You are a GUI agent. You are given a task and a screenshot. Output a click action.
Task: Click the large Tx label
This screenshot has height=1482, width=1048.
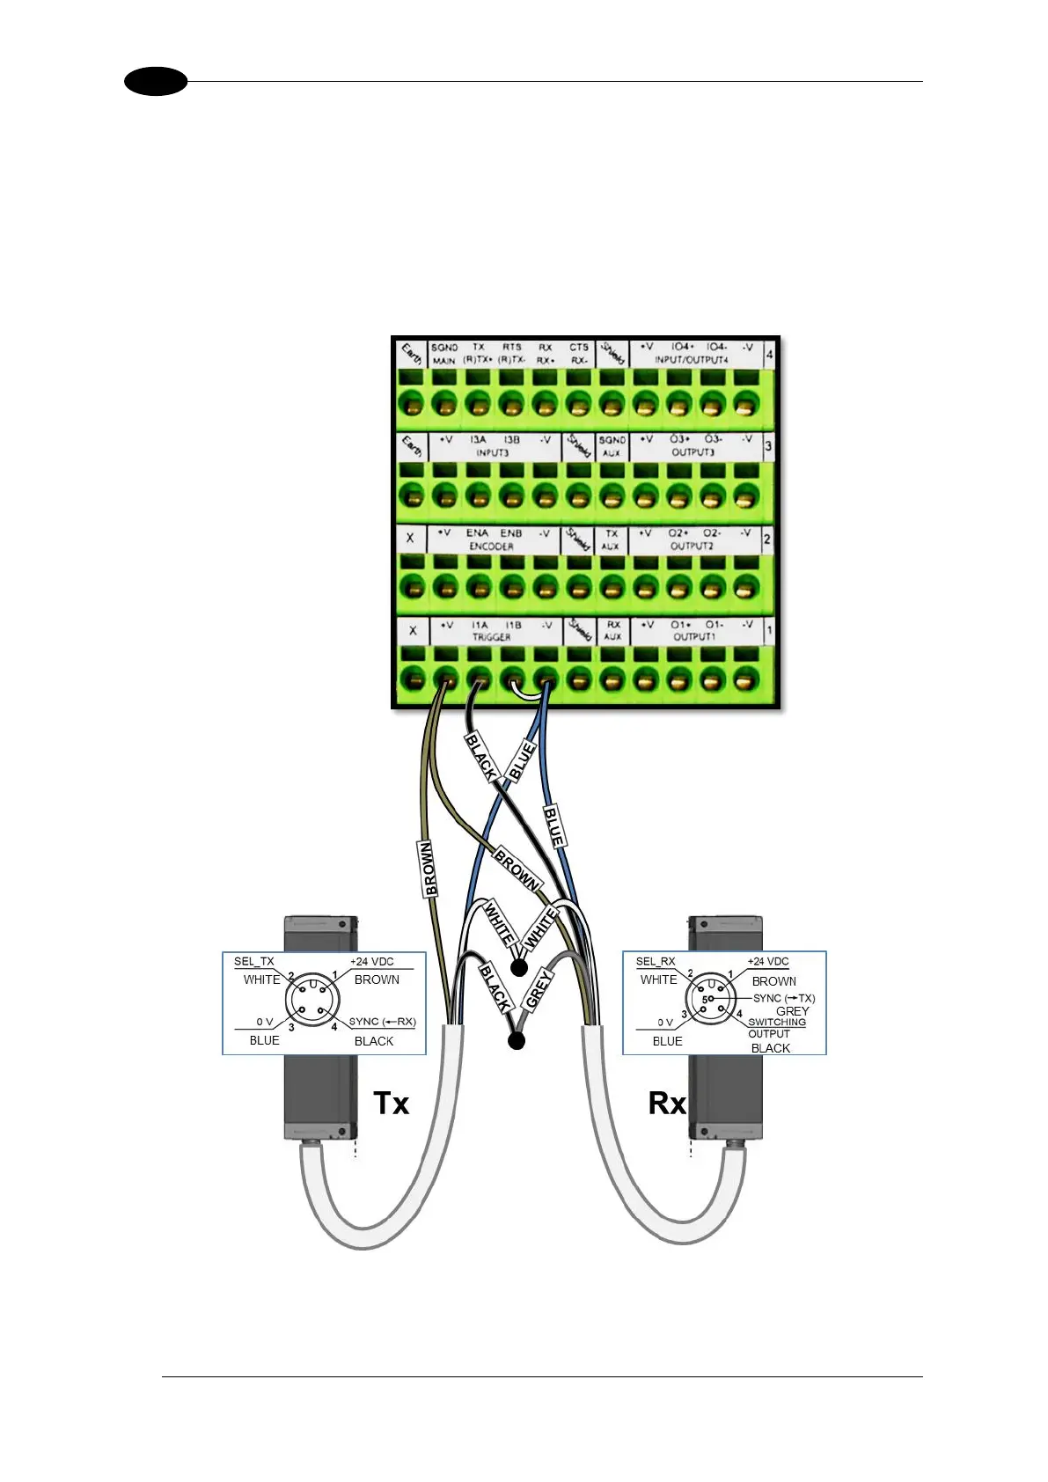point(391,1103)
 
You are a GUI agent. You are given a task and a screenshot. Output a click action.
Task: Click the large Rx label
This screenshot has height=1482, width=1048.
point(667,1103)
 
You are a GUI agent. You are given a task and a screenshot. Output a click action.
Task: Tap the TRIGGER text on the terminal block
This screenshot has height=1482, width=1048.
point(491,637)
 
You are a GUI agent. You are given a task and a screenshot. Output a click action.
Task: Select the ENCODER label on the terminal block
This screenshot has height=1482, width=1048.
point(491,547)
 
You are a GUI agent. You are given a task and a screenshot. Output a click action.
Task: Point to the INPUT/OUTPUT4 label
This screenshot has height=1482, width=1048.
point(691,360)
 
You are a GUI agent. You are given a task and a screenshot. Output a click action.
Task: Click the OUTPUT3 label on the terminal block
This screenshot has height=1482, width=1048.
point(693,452)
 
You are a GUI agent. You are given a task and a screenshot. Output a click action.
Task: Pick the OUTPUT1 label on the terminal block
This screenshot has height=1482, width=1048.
point(693,637)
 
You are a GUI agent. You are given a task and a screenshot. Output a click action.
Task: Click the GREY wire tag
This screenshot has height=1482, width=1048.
point(538,988)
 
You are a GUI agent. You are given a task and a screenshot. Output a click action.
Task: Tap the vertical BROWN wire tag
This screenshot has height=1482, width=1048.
point(429,869)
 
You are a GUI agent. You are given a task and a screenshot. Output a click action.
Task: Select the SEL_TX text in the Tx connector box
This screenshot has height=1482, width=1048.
point(253,962)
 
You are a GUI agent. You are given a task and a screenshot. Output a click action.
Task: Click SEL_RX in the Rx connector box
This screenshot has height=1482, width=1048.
point(656,962)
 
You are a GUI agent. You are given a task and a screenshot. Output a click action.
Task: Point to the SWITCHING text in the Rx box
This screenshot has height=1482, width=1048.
point(777,1022)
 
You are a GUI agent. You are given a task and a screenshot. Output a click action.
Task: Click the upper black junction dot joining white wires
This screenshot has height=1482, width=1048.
point(519,968)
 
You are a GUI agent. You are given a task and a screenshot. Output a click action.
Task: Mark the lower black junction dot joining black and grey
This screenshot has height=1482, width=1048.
point(517,1041)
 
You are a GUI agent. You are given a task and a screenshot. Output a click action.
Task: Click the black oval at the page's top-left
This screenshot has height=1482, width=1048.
point(156,82)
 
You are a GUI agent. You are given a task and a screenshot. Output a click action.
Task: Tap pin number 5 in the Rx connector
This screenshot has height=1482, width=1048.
point(704,1000)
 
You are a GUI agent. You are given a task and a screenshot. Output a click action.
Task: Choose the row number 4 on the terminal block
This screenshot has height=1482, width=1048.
point(769,356)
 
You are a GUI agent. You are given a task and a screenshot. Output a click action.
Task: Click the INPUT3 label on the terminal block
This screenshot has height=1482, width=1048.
point(493,452)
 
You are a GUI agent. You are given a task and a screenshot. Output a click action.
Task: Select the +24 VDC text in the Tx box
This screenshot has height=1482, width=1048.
point(371,962)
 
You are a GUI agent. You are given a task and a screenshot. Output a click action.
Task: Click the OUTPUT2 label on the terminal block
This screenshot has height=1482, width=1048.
point(692,546)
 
